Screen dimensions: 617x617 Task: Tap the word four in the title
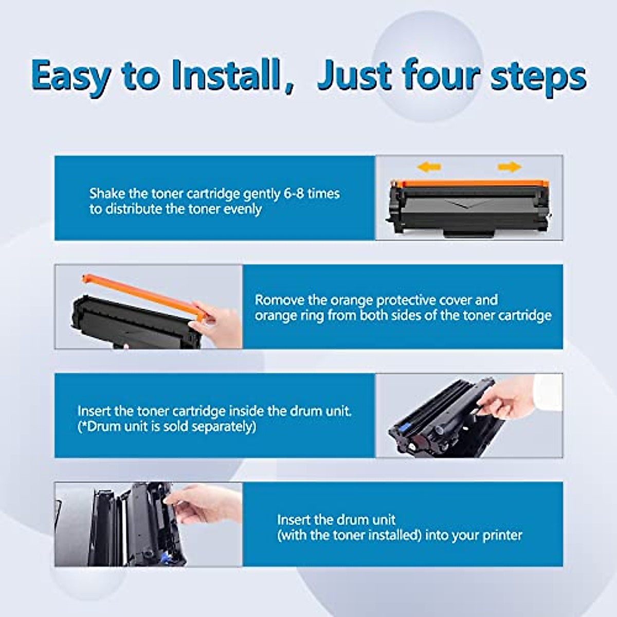(440, 76)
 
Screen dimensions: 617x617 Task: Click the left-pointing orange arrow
(429, 167)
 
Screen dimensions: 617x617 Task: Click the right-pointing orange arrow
(509, 167)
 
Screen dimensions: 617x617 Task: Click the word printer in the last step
(502, 535)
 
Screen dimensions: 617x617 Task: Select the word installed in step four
(394, 535)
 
